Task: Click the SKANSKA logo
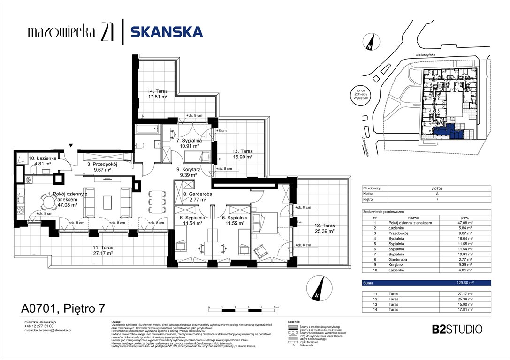click(167, 32)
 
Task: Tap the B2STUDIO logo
click(457, 329)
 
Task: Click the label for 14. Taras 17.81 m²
click(157, 94)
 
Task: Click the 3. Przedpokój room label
click(101, 167)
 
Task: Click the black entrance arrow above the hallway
click(71, 146)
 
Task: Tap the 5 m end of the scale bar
click(274, 308)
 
